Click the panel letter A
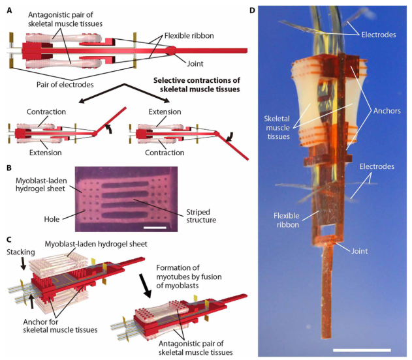[x=9, y=10]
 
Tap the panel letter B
[x=9, y=168]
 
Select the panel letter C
[x=9, y=240]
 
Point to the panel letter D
[x=252, y=10]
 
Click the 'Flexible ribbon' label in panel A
[x=189, y=36]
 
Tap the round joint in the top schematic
[x=170, y=50]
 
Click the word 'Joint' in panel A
[x=195, y=64]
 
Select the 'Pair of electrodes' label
[x=65, y=85]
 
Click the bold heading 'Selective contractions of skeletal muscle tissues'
[x=197, y=85]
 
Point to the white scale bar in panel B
[x=155, y=227]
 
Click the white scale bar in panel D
[x=362, y=350]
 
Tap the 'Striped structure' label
[x=201, y=216]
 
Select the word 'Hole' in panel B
[x=52, y=219]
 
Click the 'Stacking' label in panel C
[x=21, y=252]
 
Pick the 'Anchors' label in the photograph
[x=387, y=111]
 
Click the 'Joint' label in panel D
[x=360, y=251]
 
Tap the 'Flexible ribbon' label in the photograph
[x=287, y=220]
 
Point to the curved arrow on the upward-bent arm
[x=108, y=129]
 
